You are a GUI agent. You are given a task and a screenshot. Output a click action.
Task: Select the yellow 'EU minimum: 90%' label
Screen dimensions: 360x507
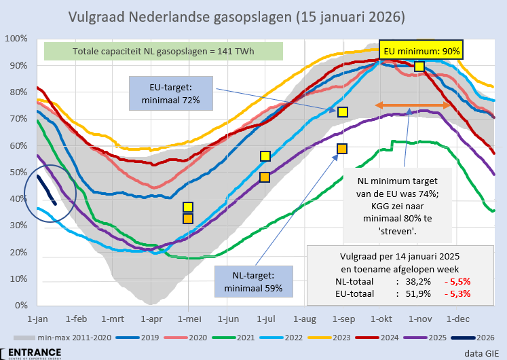pos(422,51)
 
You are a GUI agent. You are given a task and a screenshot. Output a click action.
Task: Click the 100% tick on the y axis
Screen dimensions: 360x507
pos(16,38)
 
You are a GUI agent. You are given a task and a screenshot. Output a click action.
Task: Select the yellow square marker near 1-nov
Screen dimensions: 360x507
pos(419,66)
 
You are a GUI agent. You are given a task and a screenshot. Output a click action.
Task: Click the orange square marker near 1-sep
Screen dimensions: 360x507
pos(342,149)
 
